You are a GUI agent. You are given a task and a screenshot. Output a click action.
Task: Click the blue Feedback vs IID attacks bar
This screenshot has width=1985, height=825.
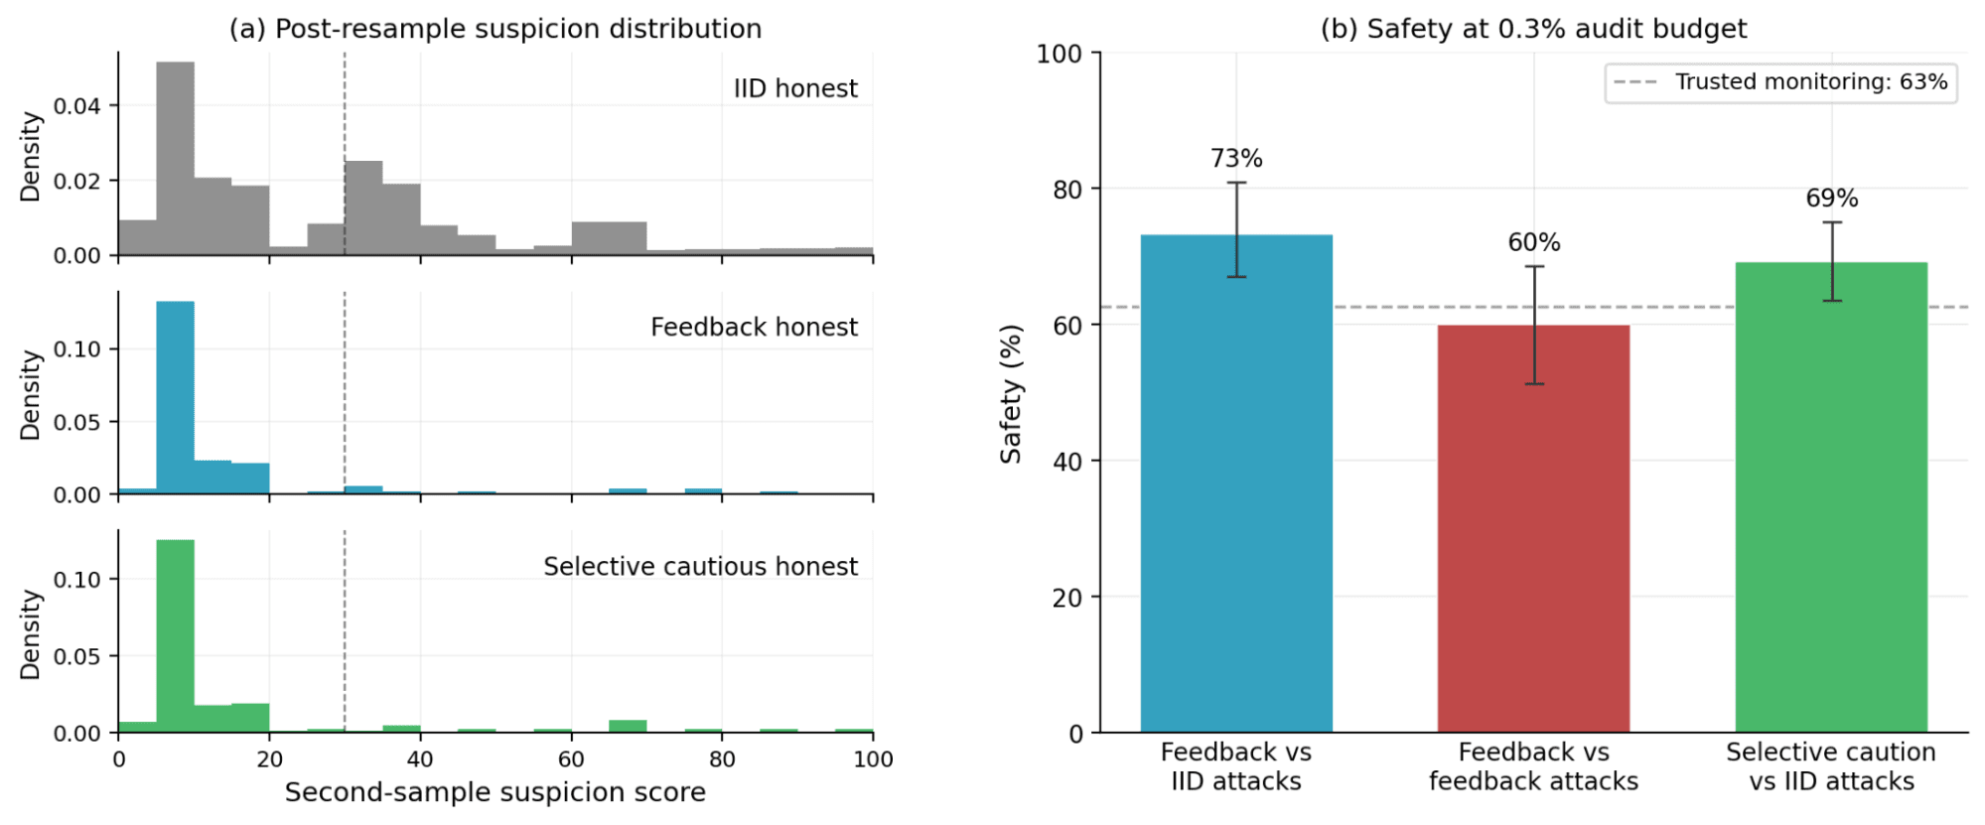pos(1235,483)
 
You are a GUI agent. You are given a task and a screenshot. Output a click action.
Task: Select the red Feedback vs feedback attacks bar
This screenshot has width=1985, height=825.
pos(1533,529)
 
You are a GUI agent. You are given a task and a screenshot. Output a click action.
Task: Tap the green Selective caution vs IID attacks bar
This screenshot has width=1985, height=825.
pos(1831,497)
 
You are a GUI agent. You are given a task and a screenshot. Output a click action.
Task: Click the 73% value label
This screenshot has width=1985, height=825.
pos(1236,159)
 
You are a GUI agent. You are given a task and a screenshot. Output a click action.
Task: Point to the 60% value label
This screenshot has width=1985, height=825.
pos(1534,242)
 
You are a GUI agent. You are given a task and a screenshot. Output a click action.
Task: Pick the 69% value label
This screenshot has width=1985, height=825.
pos(1832,199)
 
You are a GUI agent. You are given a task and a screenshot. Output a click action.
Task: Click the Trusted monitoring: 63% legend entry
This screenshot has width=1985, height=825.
pos(1781,82)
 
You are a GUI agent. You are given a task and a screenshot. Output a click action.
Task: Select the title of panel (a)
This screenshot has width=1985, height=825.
pos(496,29)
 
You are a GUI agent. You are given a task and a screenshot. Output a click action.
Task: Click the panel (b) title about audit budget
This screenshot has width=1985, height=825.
pos(1533,29)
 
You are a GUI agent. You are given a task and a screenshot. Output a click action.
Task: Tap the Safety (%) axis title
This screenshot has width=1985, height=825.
pos(1011,393)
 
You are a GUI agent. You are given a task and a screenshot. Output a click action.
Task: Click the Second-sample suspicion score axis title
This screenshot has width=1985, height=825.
pos(496,792)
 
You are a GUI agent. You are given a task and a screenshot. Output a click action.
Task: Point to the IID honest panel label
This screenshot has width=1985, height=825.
pos(795,88)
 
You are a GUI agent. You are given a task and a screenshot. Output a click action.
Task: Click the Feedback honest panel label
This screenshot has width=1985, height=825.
pos(754,327)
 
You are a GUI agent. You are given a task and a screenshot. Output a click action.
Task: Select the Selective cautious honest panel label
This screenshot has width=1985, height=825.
pos(700,566)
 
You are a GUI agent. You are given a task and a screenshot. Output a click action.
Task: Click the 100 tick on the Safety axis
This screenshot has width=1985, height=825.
pos(1059,54)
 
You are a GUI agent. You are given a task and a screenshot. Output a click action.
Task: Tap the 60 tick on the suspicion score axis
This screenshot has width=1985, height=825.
pos(571,759)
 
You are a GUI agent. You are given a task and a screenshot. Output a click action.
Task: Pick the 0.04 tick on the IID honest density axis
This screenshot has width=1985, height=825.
pos(76,105)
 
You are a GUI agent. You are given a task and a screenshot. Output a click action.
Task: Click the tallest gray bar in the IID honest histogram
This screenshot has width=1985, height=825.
pos(175,159)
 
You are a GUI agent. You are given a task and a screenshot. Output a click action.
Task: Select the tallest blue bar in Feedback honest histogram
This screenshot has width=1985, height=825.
pos(175,397)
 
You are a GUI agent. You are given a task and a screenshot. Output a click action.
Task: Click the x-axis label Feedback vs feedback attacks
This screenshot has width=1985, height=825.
pos(1533,766)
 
